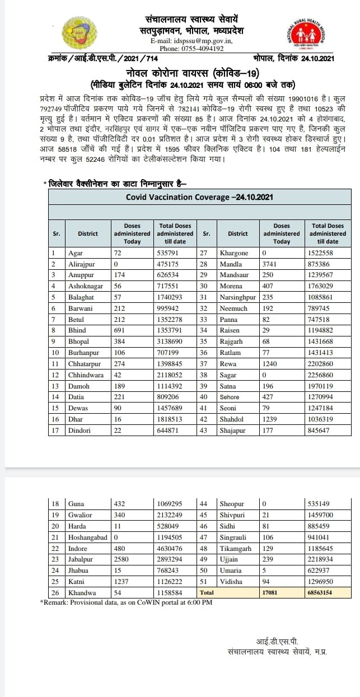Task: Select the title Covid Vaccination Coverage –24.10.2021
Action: tap(200, 197)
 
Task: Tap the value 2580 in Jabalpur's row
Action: tap(121, 560)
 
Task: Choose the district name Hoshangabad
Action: tap(87, 538)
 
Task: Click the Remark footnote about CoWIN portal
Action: tap(126, 602)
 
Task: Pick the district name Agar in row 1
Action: tap(75, 253)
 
